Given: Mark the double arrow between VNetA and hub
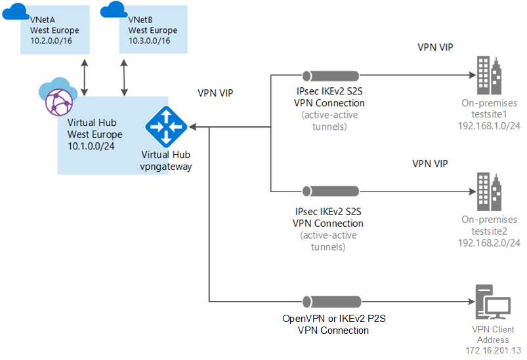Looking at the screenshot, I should (85, 77).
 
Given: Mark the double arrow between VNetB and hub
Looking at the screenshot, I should (123, 77).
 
